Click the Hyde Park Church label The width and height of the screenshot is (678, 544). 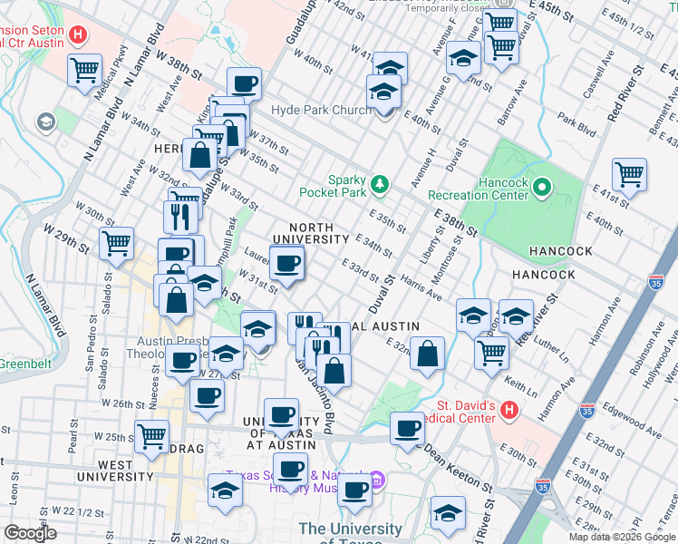coord(320,111)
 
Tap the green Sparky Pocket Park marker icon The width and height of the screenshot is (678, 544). coord(380,185)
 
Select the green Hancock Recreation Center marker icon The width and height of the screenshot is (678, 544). coord(542,188)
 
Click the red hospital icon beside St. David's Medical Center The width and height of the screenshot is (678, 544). coord(508,410)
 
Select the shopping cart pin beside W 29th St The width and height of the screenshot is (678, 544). coord(116,242)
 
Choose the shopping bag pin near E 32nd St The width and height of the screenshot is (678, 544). coord(427,353)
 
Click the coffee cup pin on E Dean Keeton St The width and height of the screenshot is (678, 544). coord(407,427)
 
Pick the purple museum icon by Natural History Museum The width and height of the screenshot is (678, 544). coord(379,480)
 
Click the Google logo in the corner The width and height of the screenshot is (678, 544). coord(31,533)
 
